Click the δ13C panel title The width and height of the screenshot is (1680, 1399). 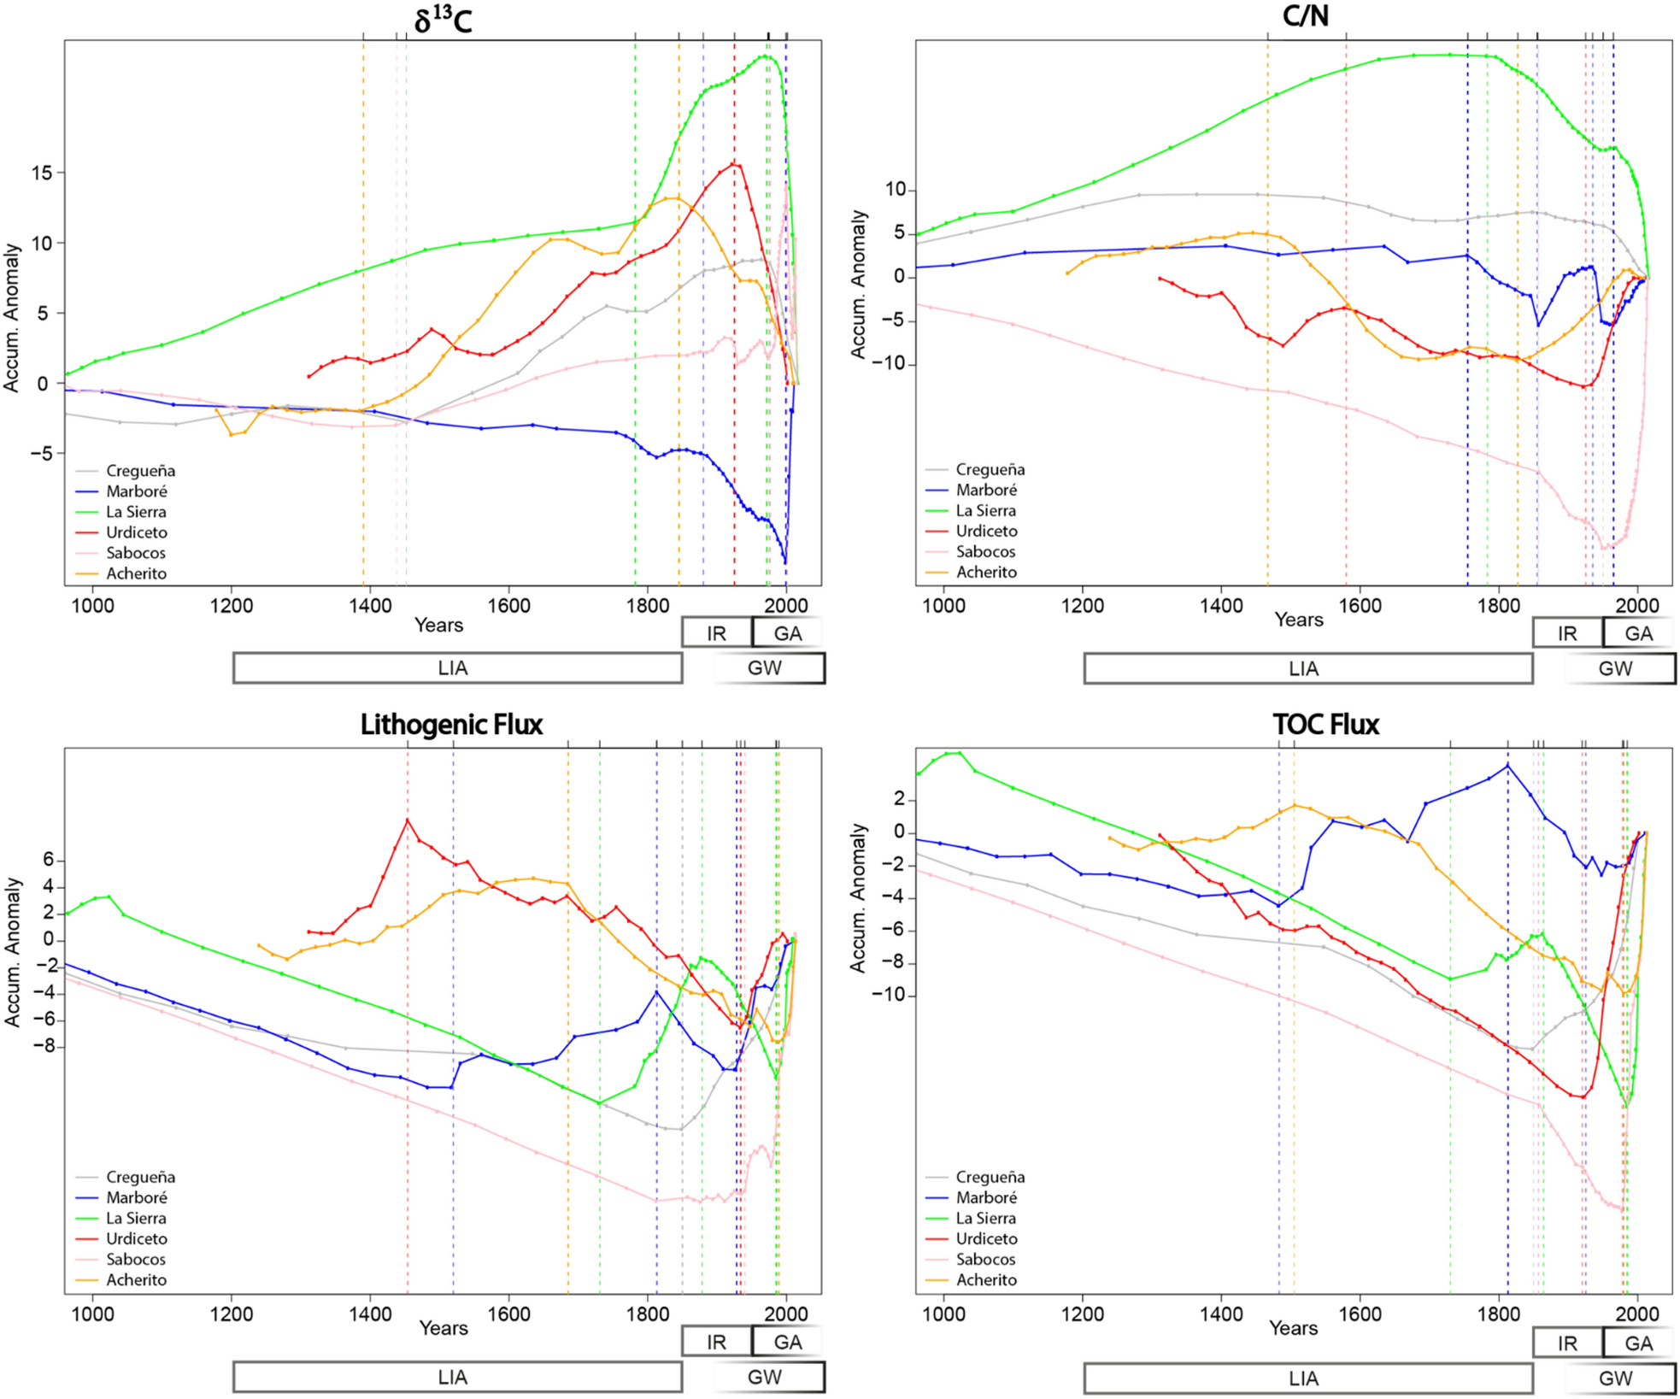point(443,19)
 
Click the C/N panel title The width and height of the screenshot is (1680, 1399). point(1305,15)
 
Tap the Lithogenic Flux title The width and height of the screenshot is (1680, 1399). point(451,725)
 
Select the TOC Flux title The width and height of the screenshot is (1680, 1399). point(1325,725)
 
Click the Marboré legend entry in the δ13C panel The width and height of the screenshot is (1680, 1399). point(136,491)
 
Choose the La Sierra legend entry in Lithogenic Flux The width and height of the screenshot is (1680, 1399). point(136,1218)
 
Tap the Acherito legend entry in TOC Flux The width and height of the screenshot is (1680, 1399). point(986,1279)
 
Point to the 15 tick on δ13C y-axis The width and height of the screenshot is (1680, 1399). point(41,173)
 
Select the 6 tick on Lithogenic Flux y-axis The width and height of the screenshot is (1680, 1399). point(49,860)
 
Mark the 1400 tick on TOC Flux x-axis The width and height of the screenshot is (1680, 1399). point(1221,1314)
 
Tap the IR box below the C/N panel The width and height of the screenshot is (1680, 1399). point(1566,633)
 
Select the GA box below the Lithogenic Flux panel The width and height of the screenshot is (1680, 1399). point(787,1342)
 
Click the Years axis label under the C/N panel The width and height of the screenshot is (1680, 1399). point(1298,620)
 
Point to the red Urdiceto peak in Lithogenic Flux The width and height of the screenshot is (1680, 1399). point(408,820)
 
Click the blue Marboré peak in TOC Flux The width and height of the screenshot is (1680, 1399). point(1507,765)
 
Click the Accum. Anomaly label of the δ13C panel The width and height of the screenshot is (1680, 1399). point(11,318)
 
